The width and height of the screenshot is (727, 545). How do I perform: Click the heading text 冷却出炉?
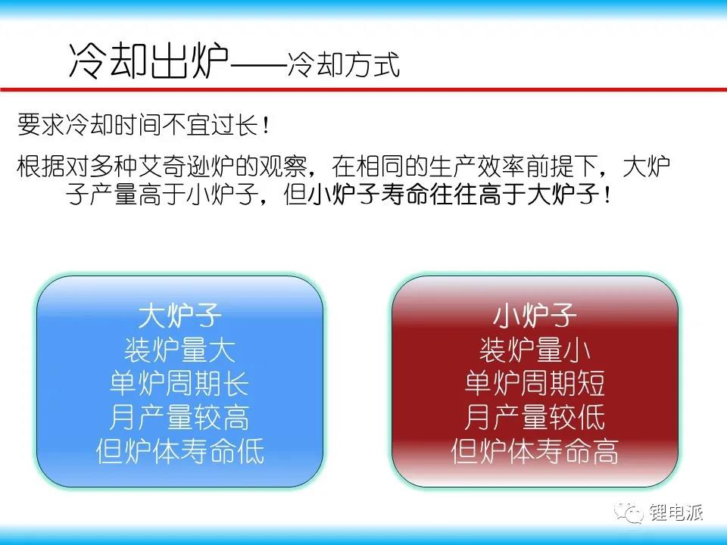pos(149,61)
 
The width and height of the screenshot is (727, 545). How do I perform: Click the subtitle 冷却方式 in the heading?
pos(343,64)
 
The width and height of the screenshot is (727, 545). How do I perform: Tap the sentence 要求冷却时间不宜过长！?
pos(144,124)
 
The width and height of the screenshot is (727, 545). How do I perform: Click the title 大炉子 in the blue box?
pos(180,315)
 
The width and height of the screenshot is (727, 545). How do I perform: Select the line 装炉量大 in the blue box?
pos(180,350)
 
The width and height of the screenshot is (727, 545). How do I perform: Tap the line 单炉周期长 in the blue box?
pos(180,383)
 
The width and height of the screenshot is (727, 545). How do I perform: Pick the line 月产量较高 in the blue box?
pos(180,416)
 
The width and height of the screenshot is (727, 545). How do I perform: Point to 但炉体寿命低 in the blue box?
pos(180,450)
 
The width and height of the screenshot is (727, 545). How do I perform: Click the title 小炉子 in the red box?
pos(535,315)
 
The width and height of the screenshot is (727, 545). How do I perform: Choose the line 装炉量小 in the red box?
pos(535,350)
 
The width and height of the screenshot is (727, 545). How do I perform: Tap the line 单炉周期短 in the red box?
pos(535,383)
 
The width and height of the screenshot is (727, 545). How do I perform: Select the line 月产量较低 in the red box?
pos(535,416)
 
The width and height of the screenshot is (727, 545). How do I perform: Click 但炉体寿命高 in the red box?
pos(535,450)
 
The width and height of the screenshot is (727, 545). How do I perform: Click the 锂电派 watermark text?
pos(676,512)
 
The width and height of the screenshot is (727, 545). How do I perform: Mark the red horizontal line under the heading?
pos(363,89)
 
